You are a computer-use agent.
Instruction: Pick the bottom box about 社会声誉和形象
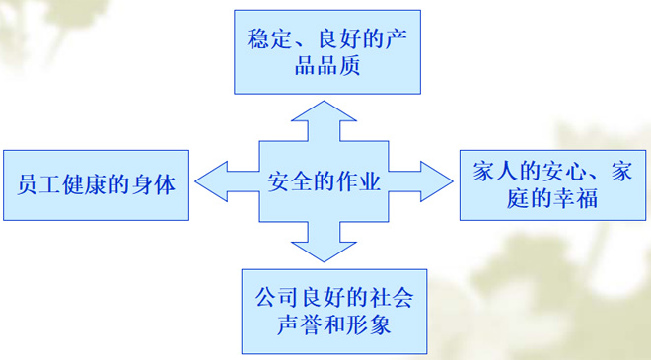tap(335, 311)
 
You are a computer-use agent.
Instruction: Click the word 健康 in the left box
tap(83, 184)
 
